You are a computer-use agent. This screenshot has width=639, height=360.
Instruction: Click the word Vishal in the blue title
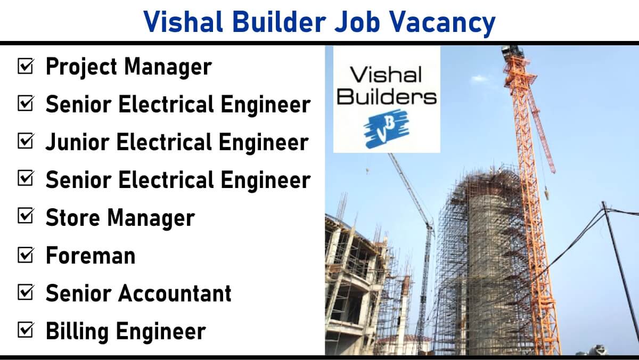183,22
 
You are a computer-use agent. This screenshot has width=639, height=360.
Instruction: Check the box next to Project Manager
26,66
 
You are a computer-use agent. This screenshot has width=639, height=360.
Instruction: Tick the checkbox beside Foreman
26,255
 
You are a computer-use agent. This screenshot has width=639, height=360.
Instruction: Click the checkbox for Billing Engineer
26,330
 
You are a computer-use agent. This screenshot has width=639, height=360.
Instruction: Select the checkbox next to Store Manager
26,217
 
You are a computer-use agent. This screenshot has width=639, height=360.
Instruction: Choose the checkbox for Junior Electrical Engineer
26,141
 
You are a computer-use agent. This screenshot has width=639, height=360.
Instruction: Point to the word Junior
77,142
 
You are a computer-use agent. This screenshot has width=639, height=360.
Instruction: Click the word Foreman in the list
91,255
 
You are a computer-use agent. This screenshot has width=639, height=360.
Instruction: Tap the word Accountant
175,293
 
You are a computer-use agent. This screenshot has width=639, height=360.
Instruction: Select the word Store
72,218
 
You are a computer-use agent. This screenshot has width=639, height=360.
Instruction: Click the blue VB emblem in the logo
386,129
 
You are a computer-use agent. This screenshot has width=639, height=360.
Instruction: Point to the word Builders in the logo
387,96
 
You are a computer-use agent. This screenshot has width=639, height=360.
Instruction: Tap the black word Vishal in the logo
386,74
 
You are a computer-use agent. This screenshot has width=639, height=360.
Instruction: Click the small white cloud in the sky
480,78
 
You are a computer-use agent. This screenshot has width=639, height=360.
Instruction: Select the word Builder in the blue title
279,22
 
